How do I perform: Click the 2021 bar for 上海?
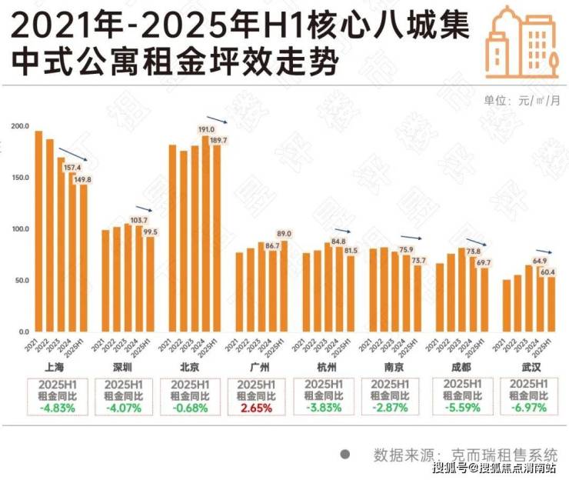pos(38,231)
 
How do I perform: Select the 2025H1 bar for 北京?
pos(217,238)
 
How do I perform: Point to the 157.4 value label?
pos(72,167)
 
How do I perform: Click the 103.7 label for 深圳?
pos(138,220)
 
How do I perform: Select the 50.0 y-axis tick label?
pos(20,281)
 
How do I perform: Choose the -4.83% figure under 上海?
pos(58,408)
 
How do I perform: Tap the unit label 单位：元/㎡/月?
pos(521,100)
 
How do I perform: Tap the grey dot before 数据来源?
pos(344,454)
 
